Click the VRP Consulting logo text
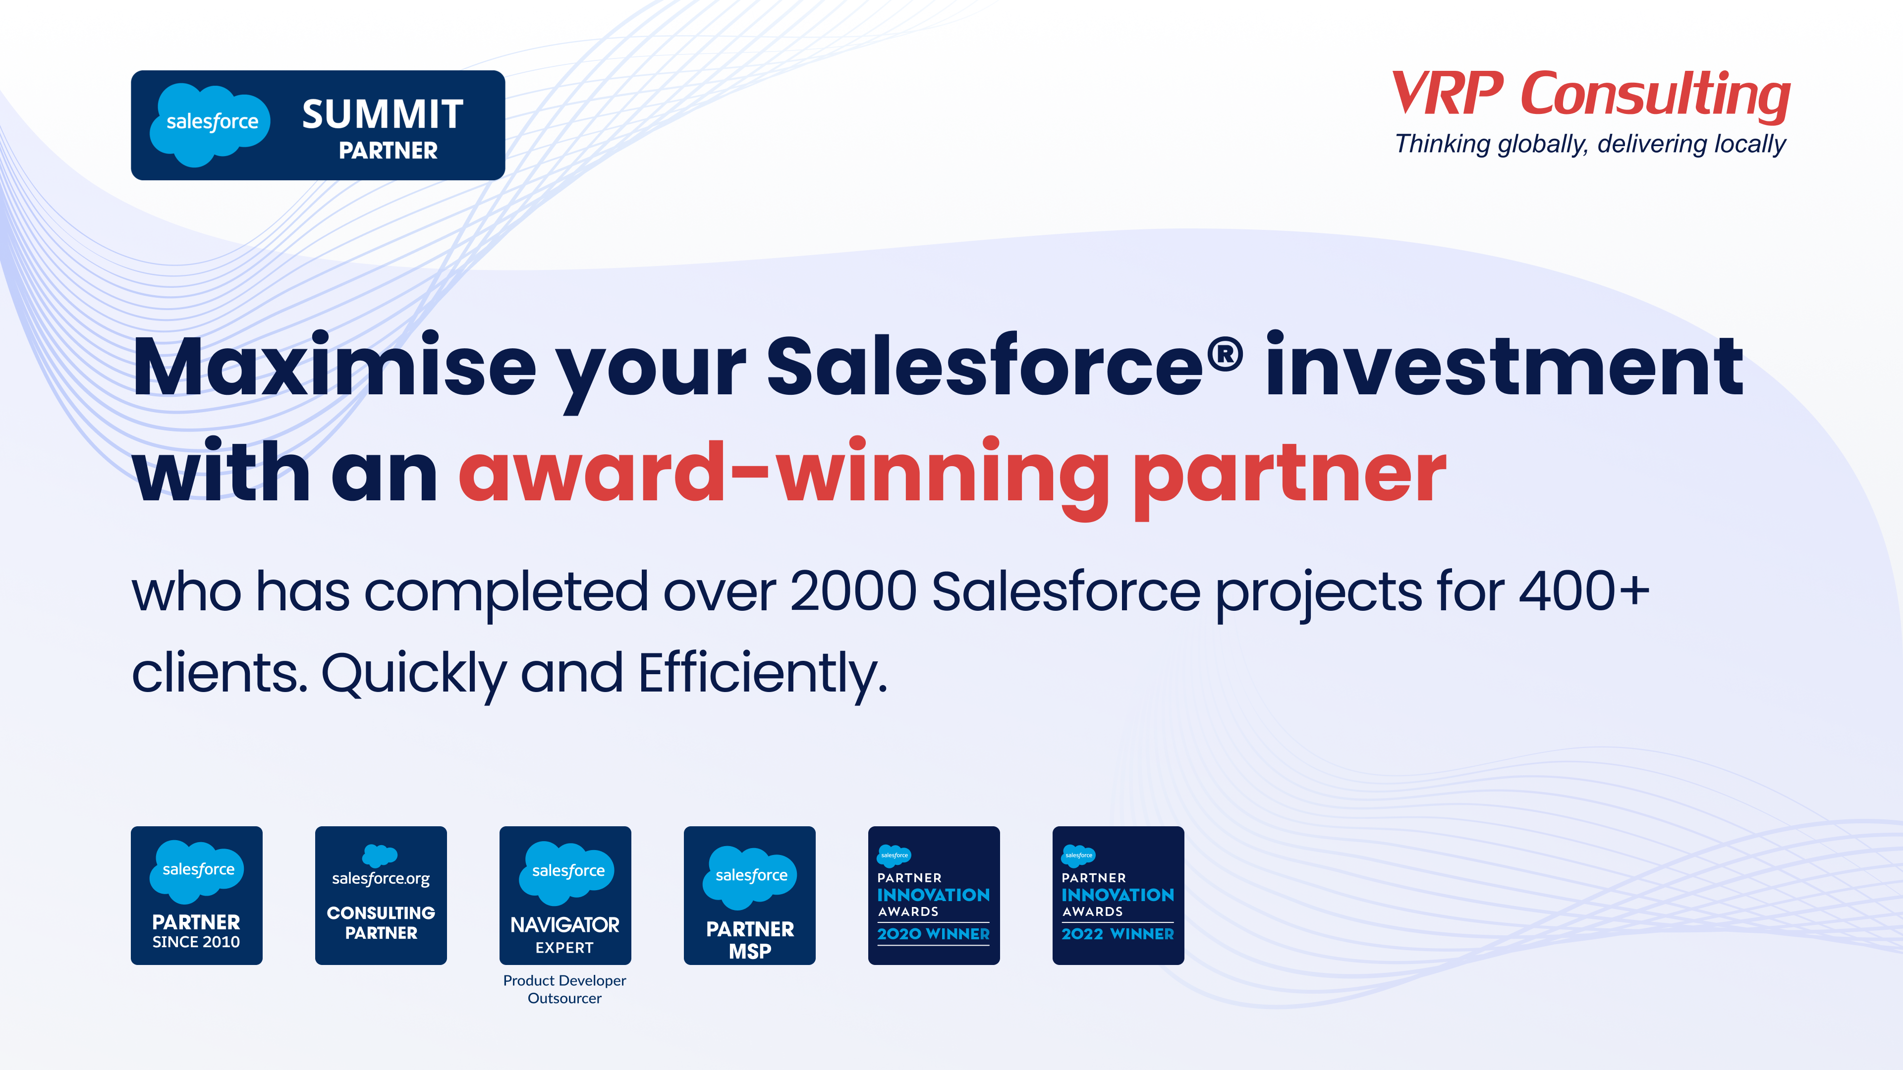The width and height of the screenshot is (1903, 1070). point(1590,95)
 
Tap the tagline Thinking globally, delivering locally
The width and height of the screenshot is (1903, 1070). point(1590,144)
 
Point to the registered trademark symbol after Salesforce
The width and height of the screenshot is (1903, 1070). point(1226,353)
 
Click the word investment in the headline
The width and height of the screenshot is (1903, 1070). point(1504,366)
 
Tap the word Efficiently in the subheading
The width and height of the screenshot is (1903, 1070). point(762,674)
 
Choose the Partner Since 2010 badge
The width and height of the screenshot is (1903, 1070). point(197,895)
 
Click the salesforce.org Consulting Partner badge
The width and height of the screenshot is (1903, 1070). point(381,895)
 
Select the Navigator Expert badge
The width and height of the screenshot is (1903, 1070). point(565,895)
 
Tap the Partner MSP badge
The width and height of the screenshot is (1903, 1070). point(749,895)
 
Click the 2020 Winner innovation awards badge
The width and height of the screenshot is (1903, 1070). point(934,895)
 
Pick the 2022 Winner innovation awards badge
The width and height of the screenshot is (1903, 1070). point(1118,895)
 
